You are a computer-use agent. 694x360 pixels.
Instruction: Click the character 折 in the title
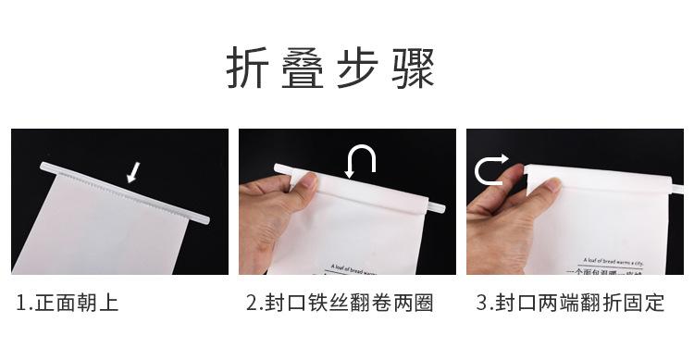pos(251,69)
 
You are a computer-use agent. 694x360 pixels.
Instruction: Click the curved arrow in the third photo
pos(490,169)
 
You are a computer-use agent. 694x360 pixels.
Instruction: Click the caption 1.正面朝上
pos(68,303)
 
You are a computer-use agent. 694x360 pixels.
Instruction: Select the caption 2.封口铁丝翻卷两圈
pos(340,303)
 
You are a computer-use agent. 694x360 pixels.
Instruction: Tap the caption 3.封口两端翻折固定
pos(570,303)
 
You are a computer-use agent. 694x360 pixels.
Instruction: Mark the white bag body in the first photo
pos(111,231)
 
